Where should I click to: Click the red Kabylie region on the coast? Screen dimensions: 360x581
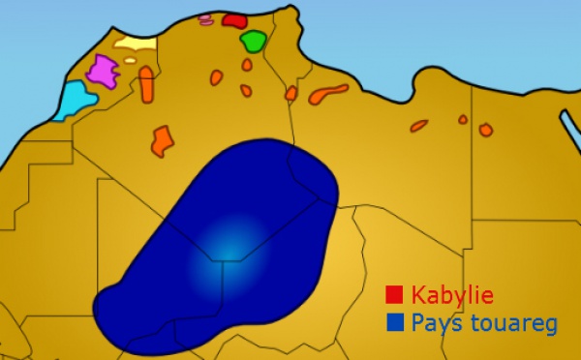click(x=233, y=19)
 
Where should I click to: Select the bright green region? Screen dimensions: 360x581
click(x=254, y=42)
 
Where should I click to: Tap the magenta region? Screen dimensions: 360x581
click(x=102, y=71)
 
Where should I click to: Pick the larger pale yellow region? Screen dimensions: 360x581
click(x=135, y=43)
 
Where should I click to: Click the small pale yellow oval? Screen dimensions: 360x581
click(x=130, y=60)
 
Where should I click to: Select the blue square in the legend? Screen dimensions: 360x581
click(x=394, y=321)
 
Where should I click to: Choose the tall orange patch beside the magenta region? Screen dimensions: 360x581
click(x=146, y=84)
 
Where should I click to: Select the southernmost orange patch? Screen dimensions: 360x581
click(x=163, y=140)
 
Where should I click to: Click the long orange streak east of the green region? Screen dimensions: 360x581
click(x=328, y=94)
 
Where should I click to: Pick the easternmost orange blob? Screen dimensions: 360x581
click(x=485, y=130)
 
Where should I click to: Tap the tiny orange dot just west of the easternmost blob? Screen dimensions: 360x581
click(x=463, y=119)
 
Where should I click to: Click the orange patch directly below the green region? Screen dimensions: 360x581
click(x=247, y=65)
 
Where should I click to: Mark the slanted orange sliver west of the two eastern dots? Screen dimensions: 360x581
click(x=418, y=126)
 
